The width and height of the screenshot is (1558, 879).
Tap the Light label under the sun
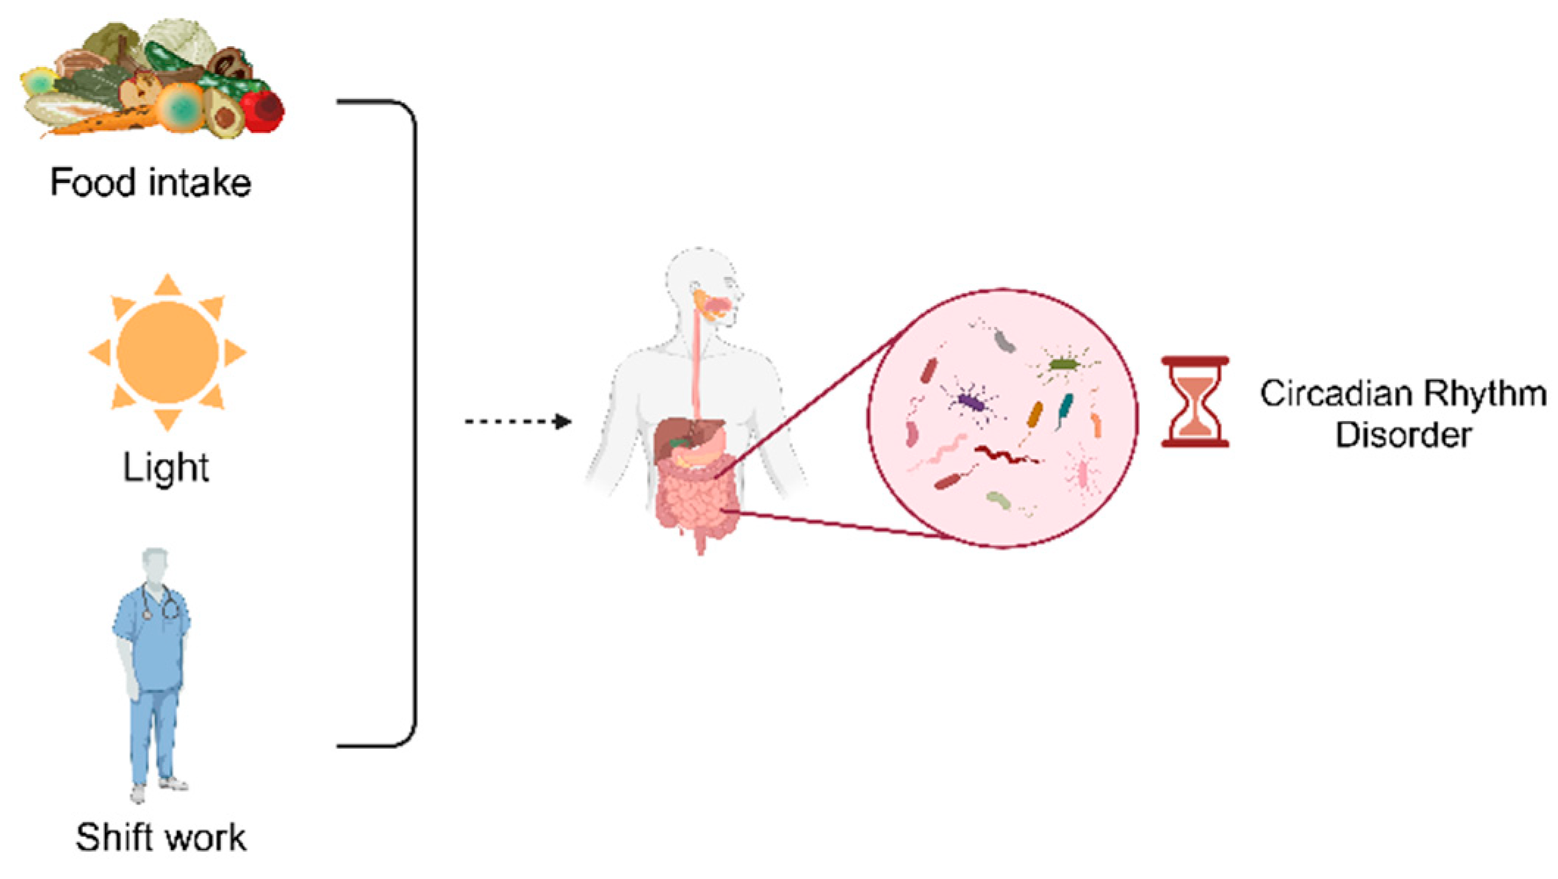(x=166, y=468)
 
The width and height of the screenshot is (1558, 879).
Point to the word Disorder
(x=1403, y=435)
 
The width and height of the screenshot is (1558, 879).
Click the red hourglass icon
(x=1195, y=402)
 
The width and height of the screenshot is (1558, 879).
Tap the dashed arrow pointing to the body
(x=518, y=422)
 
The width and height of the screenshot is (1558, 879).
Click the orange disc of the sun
(x=168, y=352)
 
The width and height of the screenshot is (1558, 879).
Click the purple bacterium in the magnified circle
(x=971, y=402)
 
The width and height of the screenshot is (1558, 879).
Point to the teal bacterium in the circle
(x=1065, y=408)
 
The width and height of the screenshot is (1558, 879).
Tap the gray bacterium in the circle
(x=1003, y=340)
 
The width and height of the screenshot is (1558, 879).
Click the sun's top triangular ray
(x=168, y=286)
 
